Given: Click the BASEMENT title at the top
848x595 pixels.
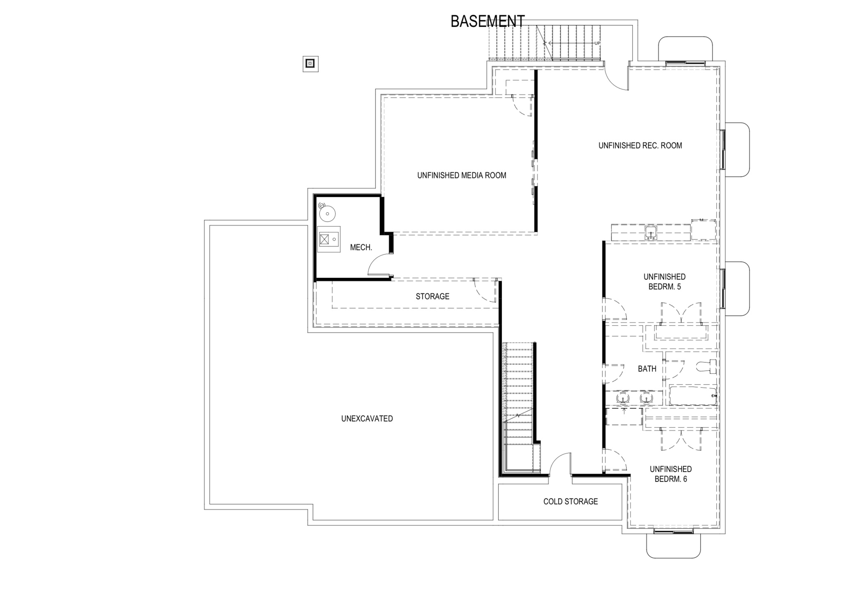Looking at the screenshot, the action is (x=487, y=22).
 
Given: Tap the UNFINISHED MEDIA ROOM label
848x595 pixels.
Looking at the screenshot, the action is (x=462, y=176).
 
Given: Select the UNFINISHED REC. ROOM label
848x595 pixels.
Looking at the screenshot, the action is (x=640, y=146).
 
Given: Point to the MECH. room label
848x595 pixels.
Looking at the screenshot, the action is (x=361, y=248).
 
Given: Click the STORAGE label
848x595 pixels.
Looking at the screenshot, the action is (x=432, y=296).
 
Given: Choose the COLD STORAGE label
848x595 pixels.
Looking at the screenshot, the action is (x=571, y=501).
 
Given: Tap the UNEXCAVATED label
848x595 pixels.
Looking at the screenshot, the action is (x=367, y=419).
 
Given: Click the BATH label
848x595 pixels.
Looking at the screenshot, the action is (x=647, y=369).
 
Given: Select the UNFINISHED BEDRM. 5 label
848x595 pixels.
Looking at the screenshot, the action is (x=664, y=282).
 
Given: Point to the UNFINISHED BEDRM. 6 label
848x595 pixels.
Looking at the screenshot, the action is (x=670, y=474).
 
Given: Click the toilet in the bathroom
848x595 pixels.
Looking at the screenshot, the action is (x=707, y=366).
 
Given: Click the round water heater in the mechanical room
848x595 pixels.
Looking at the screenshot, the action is (x=328, y=213).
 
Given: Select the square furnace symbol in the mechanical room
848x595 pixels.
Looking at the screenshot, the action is (x=324, y=239).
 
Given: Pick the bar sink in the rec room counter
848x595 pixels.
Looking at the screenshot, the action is (x=651, y=233).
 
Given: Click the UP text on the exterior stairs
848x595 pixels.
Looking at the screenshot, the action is (x=597, y=43).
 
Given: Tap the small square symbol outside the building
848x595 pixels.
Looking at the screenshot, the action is (x=310, y=64).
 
